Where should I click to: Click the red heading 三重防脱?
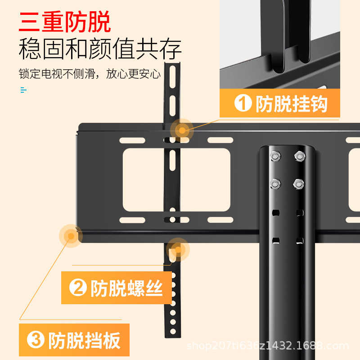tap(65, 22)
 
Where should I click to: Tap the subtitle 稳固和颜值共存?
tap(100, 49)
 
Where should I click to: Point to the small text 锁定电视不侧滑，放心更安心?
tap(90, 74)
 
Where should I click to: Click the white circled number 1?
tap(243, 104)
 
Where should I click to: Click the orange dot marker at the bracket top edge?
tap(182, 130)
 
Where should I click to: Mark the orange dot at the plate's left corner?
tap(70, 235)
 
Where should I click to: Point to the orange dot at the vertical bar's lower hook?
tap(178, 250)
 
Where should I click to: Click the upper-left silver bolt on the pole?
tap(274, 157)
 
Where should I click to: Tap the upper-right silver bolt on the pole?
tap(298, 157)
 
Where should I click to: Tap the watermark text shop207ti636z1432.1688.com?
tap(268, 346)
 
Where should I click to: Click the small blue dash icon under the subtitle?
tap(23, 90)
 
